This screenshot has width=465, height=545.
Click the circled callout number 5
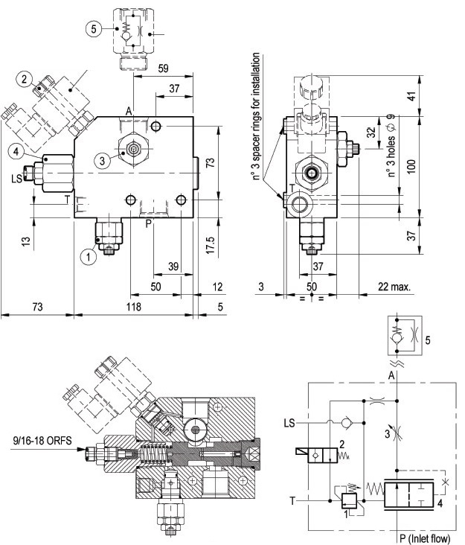[x=92, y=29]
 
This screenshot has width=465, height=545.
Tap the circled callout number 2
[x=24, y=77]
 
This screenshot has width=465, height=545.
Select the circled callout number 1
[x=89, y=258]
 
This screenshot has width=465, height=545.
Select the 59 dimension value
[x=164, y=68]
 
